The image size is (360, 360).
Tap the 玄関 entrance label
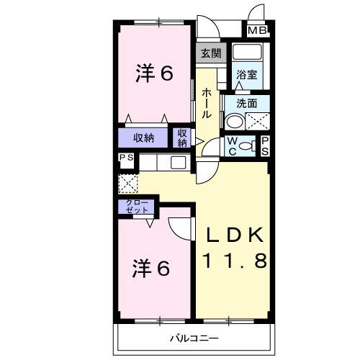pyautogui.click(x=211, y=53)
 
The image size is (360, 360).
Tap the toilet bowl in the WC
pyautogui.click(x=246, y=145)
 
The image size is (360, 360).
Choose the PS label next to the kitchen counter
pyautogui.click(x=126, y=159)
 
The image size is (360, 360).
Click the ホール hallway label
pyautogui.click(x=207, y=103)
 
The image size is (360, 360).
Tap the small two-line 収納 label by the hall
pyautogui.click(x=182, y=138)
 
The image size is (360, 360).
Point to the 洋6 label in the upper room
pyautogui.click(x=154, y=73)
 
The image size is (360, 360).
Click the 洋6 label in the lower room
pyautogui.click(x=150, y=268)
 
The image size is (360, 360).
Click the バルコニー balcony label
pyautogui.click(x=194, y=338)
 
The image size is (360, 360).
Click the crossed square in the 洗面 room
pyautogui.click(x=260, y=120)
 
